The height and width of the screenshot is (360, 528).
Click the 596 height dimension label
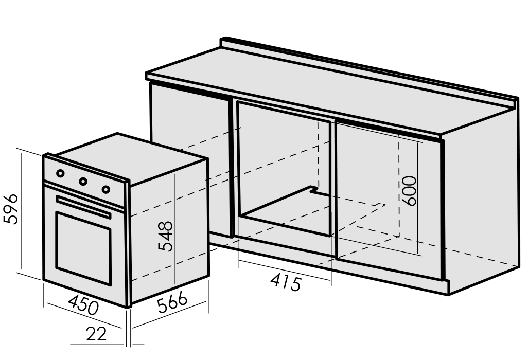point(11,209)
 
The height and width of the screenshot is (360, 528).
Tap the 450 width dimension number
point(84,305)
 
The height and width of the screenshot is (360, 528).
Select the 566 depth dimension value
point(172,302)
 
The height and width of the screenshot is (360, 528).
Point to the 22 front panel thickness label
point(96,334)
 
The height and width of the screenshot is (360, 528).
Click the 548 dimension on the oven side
point(165,236)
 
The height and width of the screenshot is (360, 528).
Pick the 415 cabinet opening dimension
point(286,282)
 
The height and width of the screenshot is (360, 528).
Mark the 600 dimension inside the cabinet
point(410,190)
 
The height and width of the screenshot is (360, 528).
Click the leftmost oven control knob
point(60,173)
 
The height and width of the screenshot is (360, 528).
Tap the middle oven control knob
point(83,182)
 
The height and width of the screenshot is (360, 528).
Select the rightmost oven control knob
point(106,189)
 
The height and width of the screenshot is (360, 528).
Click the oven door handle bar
point(83,206)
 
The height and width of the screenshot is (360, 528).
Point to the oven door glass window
point(83,248)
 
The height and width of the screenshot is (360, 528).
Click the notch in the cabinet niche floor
point(314,190)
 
